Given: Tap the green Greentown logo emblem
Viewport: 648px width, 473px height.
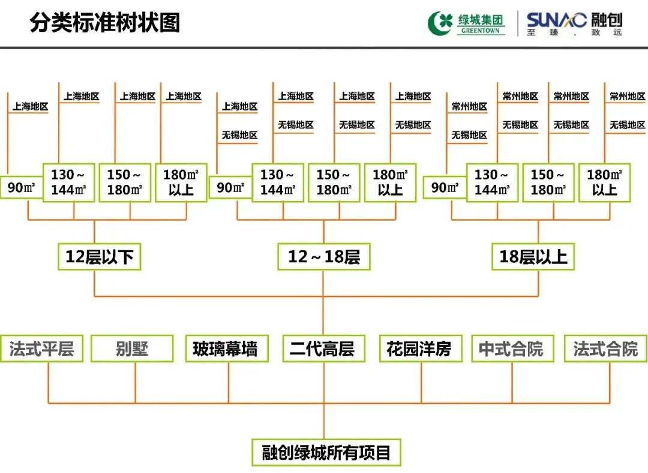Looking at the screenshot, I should pos(441,23).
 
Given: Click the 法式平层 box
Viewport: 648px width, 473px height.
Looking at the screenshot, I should pos(42,349).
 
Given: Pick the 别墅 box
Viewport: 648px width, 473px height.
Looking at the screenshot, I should pos(132,349).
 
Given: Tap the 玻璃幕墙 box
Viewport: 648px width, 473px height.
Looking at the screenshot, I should pos(226,349).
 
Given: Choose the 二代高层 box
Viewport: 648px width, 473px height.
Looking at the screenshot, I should pos(323,349).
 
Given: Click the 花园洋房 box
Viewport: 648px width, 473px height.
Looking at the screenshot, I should pos(420,349).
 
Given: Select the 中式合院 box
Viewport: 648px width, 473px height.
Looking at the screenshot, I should pos(511,349).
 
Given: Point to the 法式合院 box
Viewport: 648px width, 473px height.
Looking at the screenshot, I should pos(605,349).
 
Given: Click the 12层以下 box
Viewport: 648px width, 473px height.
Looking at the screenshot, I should pos(100,257).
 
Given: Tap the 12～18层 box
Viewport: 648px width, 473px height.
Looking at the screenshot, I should pos(323,257).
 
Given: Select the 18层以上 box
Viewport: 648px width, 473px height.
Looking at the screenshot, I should pos(533,257).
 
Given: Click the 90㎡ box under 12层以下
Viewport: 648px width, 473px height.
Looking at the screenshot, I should pos(22,188).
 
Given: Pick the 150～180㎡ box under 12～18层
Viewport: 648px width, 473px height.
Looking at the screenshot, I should pos(334,182).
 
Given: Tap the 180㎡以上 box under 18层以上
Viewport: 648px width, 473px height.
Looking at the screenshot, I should pos(604,182).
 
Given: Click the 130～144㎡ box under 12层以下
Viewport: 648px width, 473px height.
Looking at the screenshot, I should pos(68,182).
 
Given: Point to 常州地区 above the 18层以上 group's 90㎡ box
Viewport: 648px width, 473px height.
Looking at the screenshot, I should pos(469,107).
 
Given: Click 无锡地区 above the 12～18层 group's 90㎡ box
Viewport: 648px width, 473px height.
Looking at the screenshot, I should pos(239,135).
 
